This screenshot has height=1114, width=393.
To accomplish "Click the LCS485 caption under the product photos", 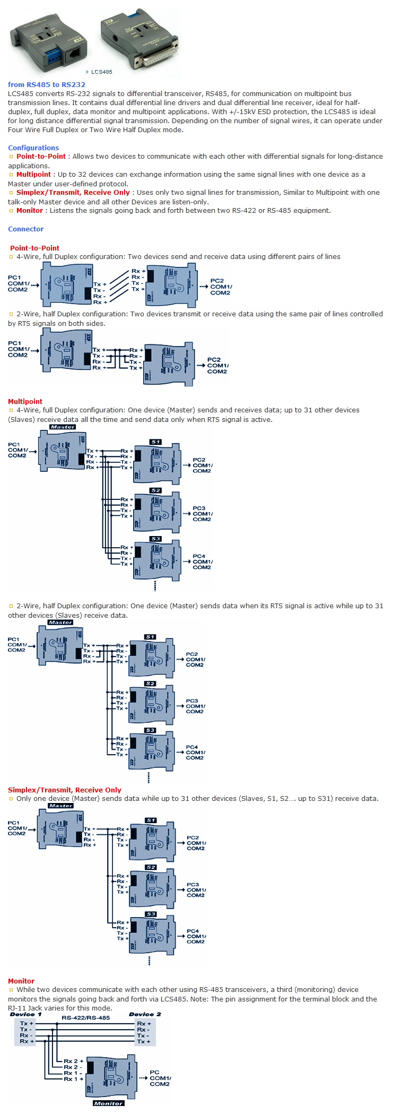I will pyautogui.click(x=101, y=72).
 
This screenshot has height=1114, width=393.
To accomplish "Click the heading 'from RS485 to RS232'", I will pyautogui.click(x=47, y=84).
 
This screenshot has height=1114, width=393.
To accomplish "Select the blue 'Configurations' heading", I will pyautogui.click(x=33, y=148).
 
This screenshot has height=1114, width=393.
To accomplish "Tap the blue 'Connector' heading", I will pyautogui.click(x=26, y=229).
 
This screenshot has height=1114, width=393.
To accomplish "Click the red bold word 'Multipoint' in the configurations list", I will pyautogui.click(x=33, y=174).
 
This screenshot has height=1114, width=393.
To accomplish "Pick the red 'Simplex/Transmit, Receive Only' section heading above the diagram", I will pyautogui.click(x=64, y=790).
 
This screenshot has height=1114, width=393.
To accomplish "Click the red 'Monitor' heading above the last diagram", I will pyautogui.click(x=21, y=981).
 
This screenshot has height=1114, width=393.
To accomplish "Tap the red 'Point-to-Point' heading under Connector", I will pyautogui.click(x=34, y=248).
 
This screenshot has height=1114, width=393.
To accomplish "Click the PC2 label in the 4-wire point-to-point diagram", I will pyautogui.click(x=217, y=281).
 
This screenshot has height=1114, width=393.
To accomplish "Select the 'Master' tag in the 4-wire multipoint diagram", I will pyautogui.click(x=63, y=427).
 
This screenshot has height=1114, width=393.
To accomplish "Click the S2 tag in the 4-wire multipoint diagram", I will pyautogui.click(x=155, y=490).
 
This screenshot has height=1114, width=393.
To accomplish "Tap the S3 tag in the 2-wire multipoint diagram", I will pyautogui.click(x=150, y=730).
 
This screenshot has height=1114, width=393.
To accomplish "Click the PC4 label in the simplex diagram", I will pyautogui.click(x=193, y=931).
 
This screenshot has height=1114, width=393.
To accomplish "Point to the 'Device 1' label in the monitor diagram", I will pyautogui.click(x=25, y=1014).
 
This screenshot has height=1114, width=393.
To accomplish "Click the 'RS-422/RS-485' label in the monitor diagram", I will pyautogui.click(x=85, y=1018).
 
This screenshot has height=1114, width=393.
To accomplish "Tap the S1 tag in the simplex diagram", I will pyautogui.click(x=151, y=820).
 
